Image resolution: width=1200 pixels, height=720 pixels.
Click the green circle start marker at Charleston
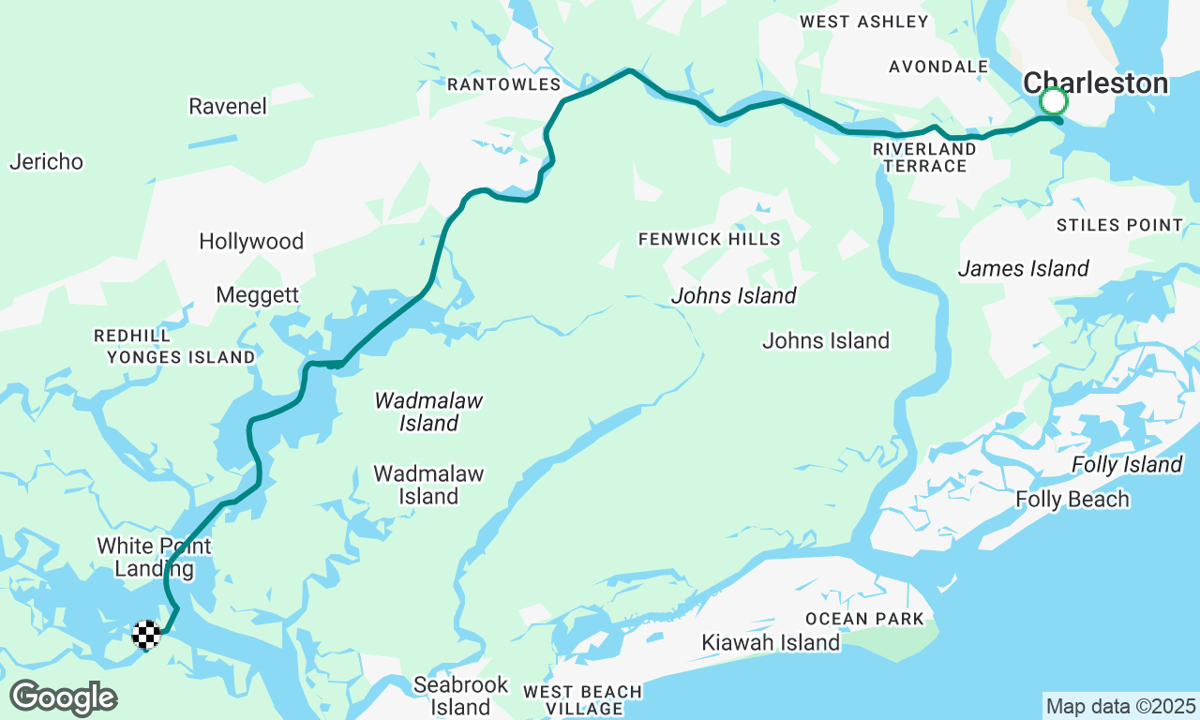pos(1054,100)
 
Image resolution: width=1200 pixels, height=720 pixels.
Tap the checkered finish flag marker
pos(145,635)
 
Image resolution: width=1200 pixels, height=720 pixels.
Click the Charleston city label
pos(1095,82)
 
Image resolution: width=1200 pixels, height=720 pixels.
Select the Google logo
pos(63,698)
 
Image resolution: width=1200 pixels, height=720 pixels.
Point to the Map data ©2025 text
pos(1120,706)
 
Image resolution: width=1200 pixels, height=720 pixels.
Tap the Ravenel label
pos(228,106)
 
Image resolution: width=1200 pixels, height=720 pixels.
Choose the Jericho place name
pos(46,161)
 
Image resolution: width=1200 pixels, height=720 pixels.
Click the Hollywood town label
pos(251,241)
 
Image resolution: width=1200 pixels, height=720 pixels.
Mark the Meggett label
pos(257,294)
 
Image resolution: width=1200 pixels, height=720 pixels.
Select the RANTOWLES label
pos(503,84)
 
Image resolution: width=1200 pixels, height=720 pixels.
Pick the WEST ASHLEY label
pos(863,21)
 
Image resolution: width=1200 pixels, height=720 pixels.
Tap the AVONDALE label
pos(938,67)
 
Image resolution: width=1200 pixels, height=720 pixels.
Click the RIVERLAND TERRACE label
pos(924,157)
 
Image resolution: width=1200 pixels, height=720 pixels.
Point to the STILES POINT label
pos(1119,225)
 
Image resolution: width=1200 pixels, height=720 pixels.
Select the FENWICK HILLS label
pos(710,239)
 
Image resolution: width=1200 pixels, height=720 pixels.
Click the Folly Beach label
pos(1072,499)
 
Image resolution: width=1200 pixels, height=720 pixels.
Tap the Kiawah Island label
pos(772,642)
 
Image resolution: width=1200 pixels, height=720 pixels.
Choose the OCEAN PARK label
pos(864,619)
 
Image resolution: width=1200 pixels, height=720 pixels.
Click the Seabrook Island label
pos(460,696)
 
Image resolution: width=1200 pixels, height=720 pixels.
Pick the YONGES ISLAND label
pos(180,357)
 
